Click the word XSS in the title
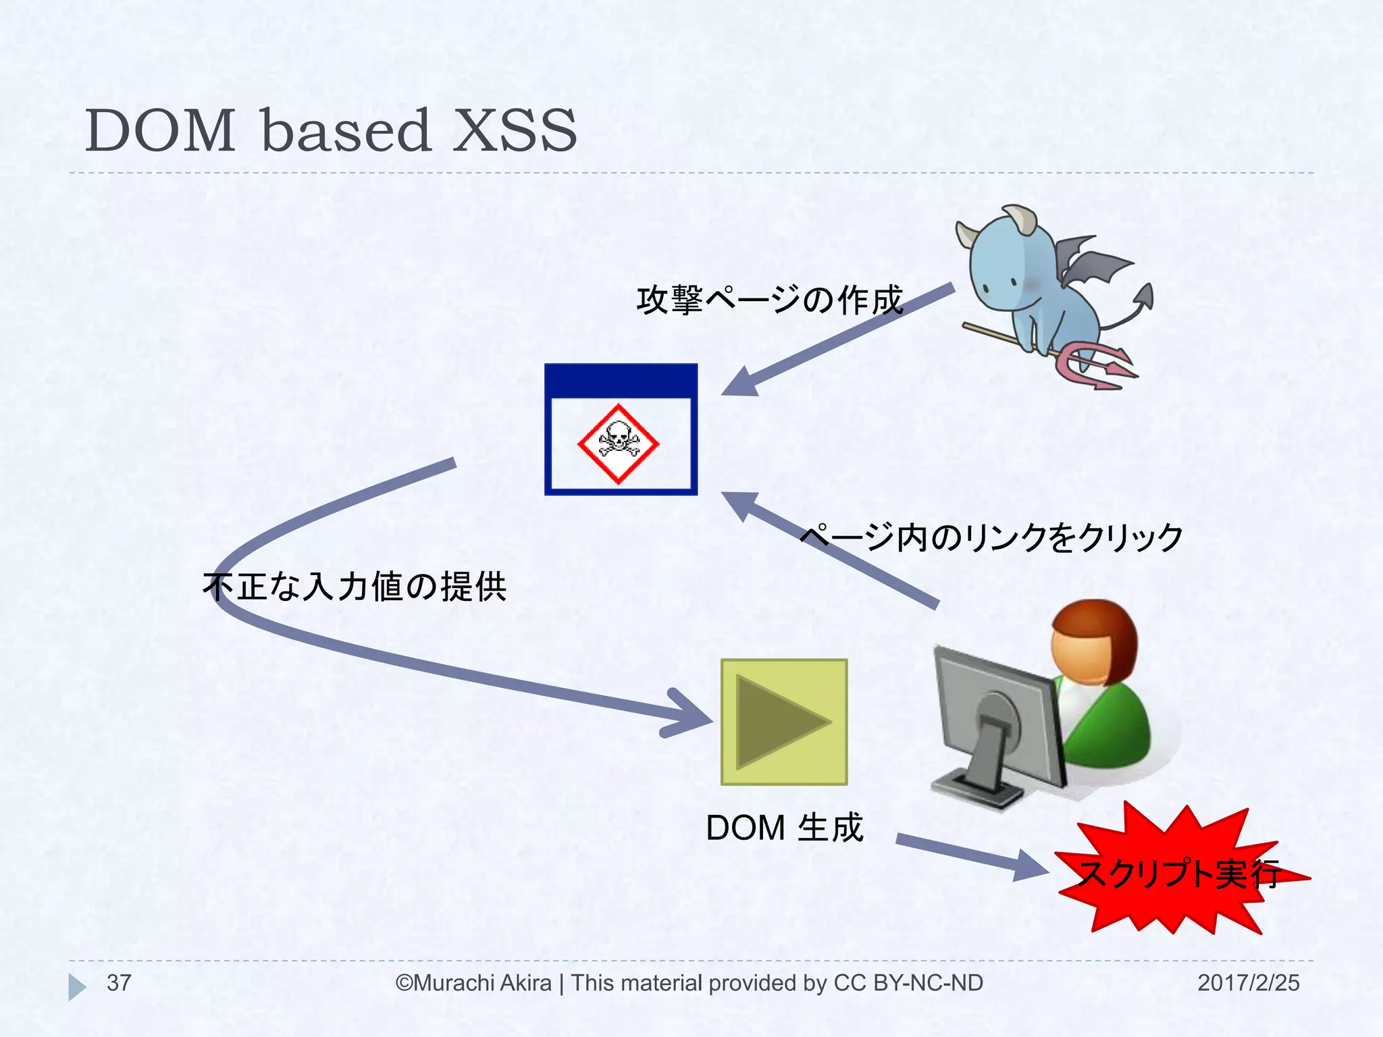[x=515, y=131]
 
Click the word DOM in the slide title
[x=160, y=131]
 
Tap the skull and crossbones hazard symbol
[x=618, y=444]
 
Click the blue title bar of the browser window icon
[x=621, y=380]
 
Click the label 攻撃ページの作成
[x=769, y=300]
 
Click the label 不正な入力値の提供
[x=355, y=585]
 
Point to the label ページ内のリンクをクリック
[x=991, y=537]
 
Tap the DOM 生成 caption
[x=784, y=828]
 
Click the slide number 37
[x=119, y=983]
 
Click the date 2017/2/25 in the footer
[x=1248, y=983]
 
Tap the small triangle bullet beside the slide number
[x=76, y=986]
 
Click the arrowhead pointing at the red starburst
[x=1030, y=866]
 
